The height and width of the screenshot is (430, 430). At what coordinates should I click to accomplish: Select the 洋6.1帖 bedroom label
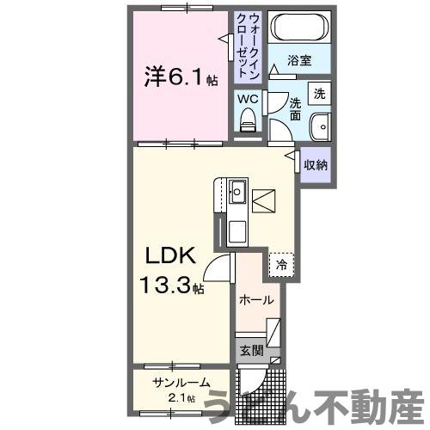tap(180, 78)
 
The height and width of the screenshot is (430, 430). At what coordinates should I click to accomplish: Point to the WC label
tap(248, 98)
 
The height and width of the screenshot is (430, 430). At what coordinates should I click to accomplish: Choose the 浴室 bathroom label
tap(298, 61)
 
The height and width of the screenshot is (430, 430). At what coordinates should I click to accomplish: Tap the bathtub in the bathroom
tap(298, 28)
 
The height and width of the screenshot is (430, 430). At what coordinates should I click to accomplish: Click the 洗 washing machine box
tap(319, 93)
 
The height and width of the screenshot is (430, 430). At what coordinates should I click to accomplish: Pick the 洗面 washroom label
tap(294, 108)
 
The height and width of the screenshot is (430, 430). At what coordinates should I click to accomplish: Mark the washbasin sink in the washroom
tap(319, 126)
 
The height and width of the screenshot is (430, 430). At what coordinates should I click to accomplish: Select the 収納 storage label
tap(314, 164)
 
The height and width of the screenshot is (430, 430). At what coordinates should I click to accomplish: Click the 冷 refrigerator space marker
tap(280, 265)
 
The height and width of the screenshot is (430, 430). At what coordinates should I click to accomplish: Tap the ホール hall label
tap(257, 300)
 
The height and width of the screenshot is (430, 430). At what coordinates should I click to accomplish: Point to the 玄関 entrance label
tap(250, 350)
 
